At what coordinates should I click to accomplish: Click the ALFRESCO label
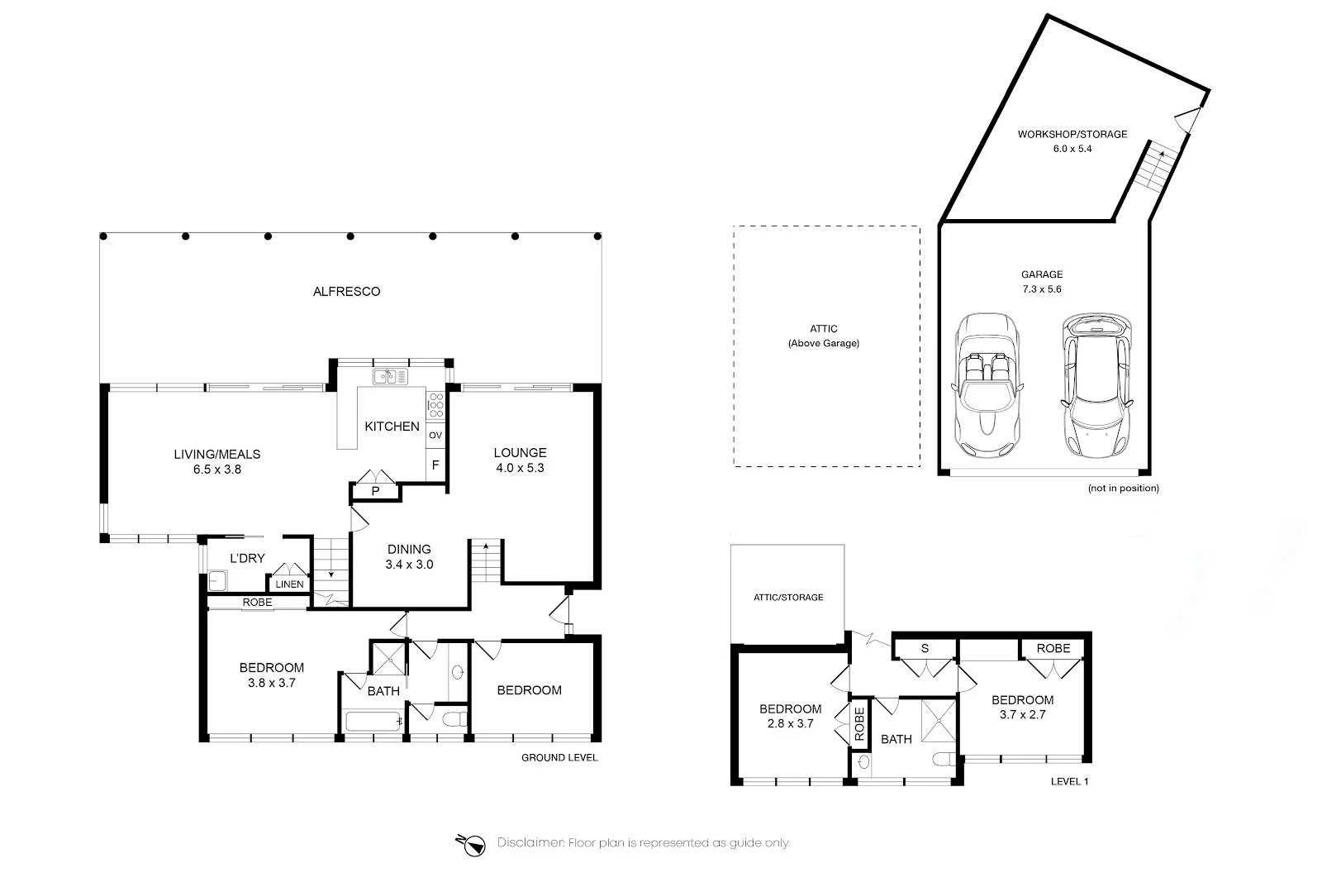click(346, 291)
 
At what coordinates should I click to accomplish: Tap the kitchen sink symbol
click(390, 377)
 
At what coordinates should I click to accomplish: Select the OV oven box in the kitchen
click(435, 435)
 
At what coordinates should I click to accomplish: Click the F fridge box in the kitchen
click(435, 465)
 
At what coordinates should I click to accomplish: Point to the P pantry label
click(375, 491)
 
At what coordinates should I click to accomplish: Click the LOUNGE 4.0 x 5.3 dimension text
click(520, 468)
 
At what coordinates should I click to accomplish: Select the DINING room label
click(409, 549)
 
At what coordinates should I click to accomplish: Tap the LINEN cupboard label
click(289, 584)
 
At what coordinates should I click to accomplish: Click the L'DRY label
click(247, 558)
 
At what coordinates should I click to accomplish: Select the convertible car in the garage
click(987, 387)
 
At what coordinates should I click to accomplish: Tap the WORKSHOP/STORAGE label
click(1072, 134)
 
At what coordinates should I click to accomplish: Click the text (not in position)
click(1123, 489)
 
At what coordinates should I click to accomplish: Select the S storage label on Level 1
click(925, 648)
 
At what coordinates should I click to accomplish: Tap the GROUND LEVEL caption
click(559, 757)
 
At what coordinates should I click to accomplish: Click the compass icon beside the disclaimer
click(473, 843)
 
